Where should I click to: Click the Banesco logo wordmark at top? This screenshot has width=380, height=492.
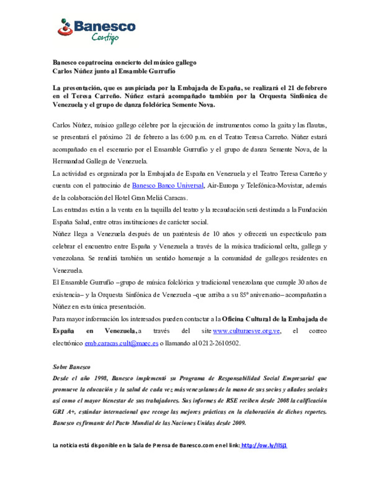[x=104, y=26]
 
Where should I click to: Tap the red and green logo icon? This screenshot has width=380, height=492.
[x=65, y=27]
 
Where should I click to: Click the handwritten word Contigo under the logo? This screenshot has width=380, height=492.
[x=105, y=37]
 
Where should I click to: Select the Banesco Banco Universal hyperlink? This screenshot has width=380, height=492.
[x=167, y=185]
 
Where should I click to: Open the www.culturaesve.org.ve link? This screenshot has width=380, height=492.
[x=246, y=331]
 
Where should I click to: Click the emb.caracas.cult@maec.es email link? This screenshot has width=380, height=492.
[x=121, y=343]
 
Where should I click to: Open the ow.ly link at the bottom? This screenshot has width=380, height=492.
[x=264, y=445]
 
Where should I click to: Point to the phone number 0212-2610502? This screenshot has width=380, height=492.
[x=219, y=343]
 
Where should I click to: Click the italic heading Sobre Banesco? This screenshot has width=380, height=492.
[x=71, y=367]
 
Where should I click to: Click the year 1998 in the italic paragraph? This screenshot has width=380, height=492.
[x=101, y=378]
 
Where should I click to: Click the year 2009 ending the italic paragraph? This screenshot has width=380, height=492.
[x=239, y=423]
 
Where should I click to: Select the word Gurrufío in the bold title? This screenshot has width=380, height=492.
[x=162, y=71]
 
